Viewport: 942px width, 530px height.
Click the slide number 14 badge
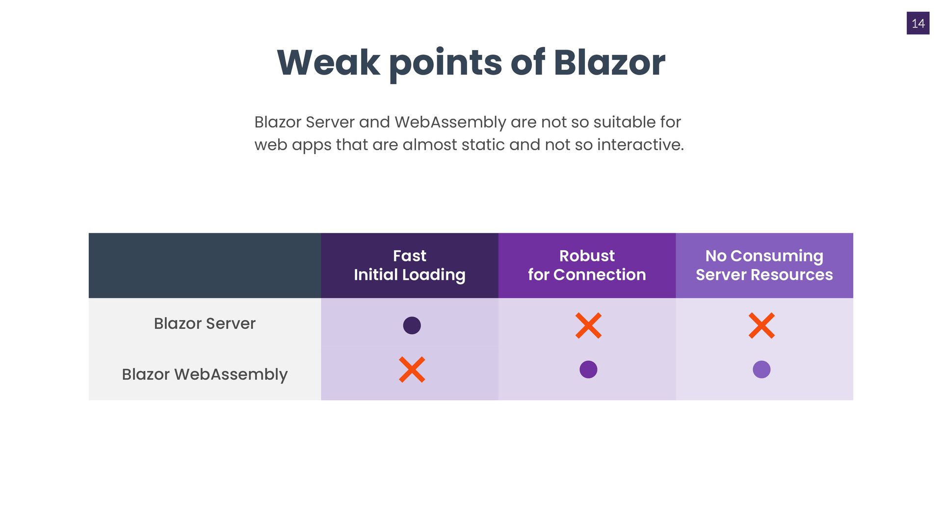click(x=918, y=23)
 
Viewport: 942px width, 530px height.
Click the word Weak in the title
click(x=328, y=63)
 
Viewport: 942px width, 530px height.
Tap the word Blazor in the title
click(x=609, y=63)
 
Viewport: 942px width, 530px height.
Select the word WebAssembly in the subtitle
click(x=450, y=122)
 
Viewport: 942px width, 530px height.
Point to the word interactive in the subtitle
click(x=640, y=144)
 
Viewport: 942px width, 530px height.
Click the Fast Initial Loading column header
click(x=410, y=265)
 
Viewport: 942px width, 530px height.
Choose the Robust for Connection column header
click(x=587, y=265)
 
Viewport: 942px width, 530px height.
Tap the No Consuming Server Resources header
click(x=764, y=265)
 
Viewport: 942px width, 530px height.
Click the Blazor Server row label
click(x=205, y=323)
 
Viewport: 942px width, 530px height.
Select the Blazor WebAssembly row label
click(x=205, y=374)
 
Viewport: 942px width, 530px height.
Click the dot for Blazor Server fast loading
click(x=412, y=325)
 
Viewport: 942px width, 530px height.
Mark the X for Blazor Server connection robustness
click(x=588, y=325)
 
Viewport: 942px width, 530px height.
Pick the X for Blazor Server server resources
click(x=761, y=325)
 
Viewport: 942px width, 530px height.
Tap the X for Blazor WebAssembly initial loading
click(x=412, y=370)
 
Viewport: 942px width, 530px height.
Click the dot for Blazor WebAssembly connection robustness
click(x=588, y=370)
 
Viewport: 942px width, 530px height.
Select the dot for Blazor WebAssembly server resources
click(x=761, y=370)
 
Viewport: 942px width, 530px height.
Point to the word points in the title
click(x=445, y=64)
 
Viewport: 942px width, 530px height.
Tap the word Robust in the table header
click(x=587, y=256)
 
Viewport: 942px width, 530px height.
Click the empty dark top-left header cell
click(x=205, y=265)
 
